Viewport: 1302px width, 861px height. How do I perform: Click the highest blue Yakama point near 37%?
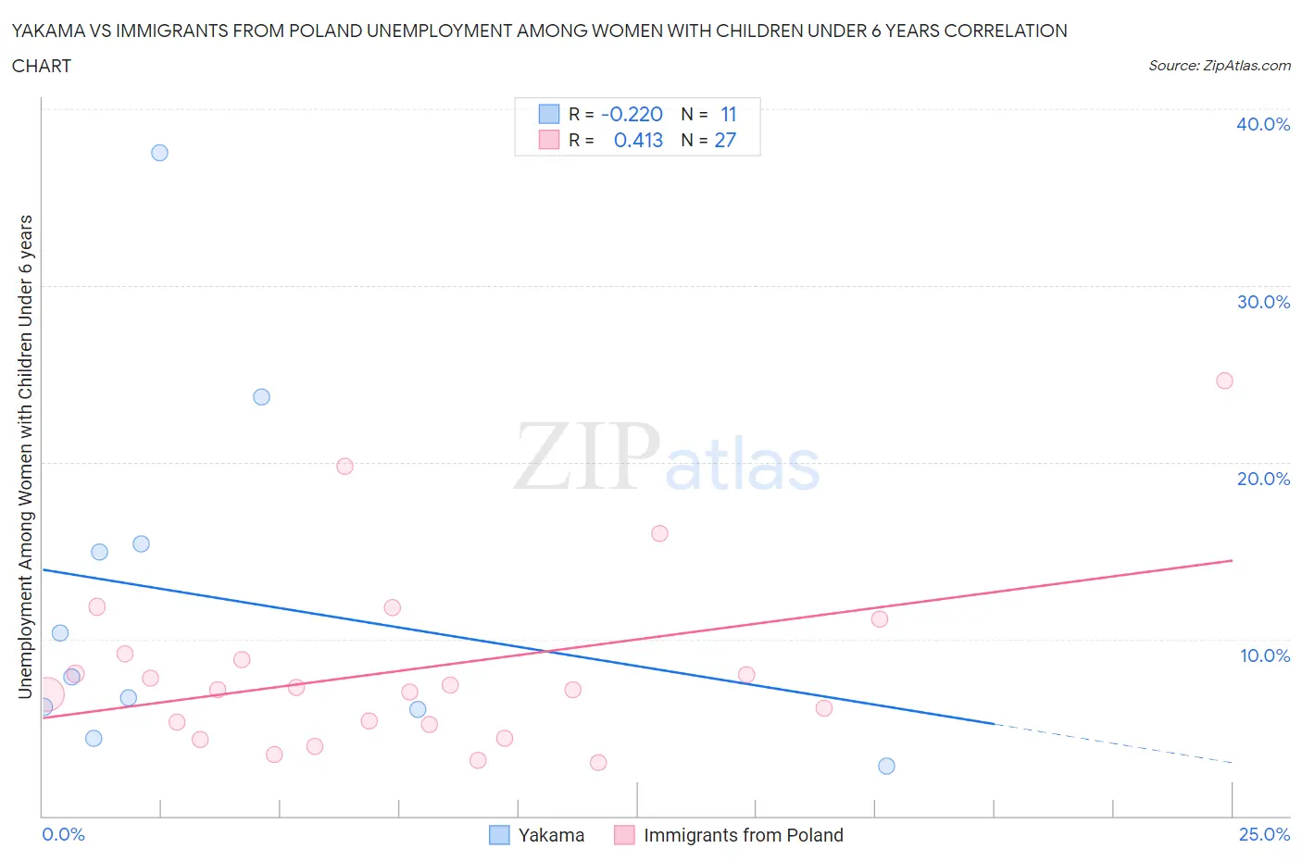pos(159,153)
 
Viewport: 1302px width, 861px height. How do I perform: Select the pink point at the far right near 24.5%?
pos(1224,381)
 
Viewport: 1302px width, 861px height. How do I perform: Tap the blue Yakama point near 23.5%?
pos(261,397)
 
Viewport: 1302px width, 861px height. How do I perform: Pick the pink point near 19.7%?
pos(344,467)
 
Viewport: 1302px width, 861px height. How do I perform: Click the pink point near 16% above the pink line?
pos(659,533)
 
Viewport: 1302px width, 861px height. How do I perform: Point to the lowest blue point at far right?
pos(886,766)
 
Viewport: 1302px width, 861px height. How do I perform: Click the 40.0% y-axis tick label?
pos(1263,124)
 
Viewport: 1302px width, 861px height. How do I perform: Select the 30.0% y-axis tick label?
pos(1263,302)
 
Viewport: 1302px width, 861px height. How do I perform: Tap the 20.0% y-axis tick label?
pos(1263,479)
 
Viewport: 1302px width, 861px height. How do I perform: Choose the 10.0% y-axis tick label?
pos(1264,655)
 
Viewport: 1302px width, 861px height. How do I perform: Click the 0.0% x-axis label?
pos(63,834)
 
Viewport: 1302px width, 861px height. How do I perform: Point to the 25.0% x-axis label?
pos(1264,834)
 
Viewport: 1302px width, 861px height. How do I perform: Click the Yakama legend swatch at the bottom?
pos(499,835)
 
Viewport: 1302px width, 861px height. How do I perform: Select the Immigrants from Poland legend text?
pos(743,835)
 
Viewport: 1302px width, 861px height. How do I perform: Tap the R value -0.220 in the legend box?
pos(632,114)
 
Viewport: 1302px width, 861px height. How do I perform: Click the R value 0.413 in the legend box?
pos(638,140)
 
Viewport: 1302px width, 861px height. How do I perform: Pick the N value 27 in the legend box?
pos(725,140)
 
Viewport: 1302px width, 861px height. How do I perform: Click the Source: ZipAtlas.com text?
pos(1219,66)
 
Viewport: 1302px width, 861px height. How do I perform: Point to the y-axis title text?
pos(26,456)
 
